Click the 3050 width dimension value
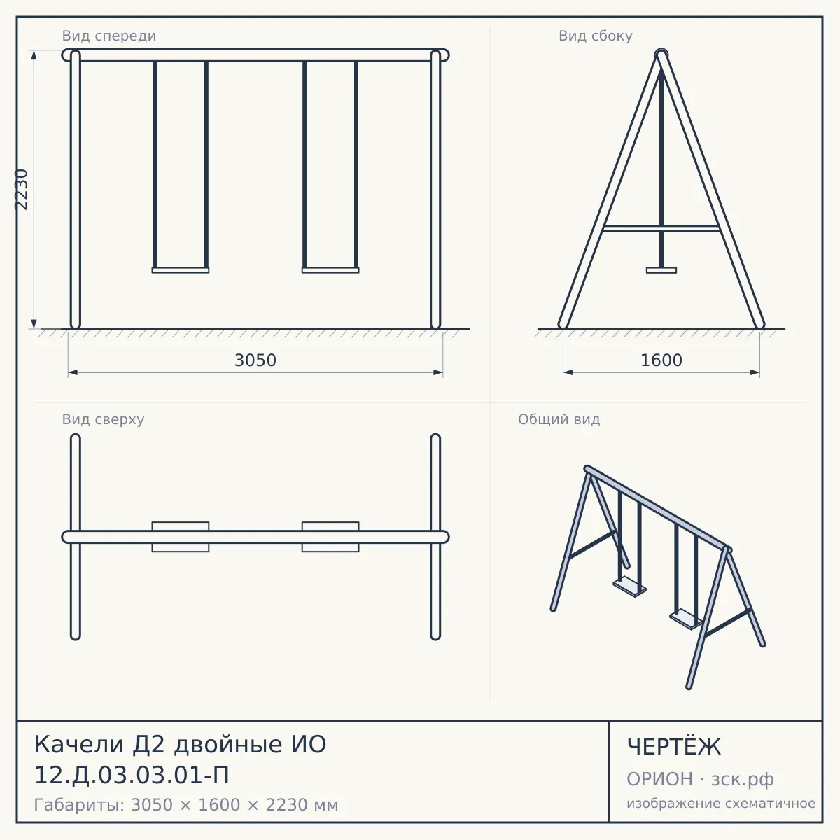(x=255, y=360)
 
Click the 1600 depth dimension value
(x=661, y=360)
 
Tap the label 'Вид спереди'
(x=109, y=36)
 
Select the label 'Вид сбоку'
(x=596, y=36)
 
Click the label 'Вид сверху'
(x=103, y=419)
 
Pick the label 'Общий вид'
(x=559, y=419)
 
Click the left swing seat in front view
(x=181, y=270)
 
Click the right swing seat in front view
(x=330, y=270)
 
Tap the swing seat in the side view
(x=661, y=270)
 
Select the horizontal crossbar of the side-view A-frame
(x=661, y=228)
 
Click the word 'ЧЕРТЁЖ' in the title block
(x=673, y=747)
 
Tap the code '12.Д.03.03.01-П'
(x=132, y=776)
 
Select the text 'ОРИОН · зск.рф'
(x=700, y=779)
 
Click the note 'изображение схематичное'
(x=721, y=803)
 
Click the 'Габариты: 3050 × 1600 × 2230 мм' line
(x=186, y=805)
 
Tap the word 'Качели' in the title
(x=79, y=744)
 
